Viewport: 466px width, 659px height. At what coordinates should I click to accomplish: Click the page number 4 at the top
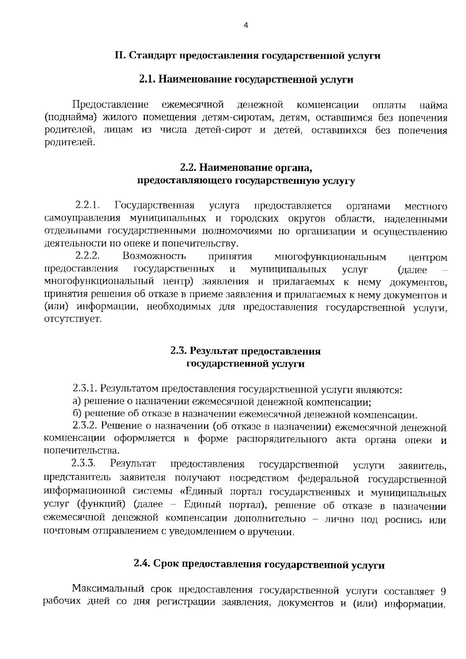(x=245, y=26)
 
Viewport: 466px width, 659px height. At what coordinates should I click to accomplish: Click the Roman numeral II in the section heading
(x=119, y=56)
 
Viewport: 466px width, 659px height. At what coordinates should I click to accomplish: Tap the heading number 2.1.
(x=147, y=80)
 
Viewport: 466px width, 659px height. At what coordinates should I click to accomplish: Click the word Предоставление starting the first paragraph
(x=110, y=105)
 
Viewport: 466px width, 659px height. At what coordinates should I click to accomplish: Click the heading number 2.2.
(x=189, y=168)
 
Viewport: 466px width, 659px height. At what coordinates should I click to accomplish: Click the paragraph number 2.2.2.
(x=88, y=256)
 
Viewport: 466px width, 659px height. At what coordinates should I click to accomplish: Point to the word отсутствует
(x=73, y=319)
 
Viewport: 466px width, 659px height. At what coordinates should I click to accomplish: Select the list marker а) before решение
(x=77, y=401)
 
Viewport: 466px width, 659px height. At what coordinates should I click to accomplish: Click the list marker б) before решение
(x=77, y=414)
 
